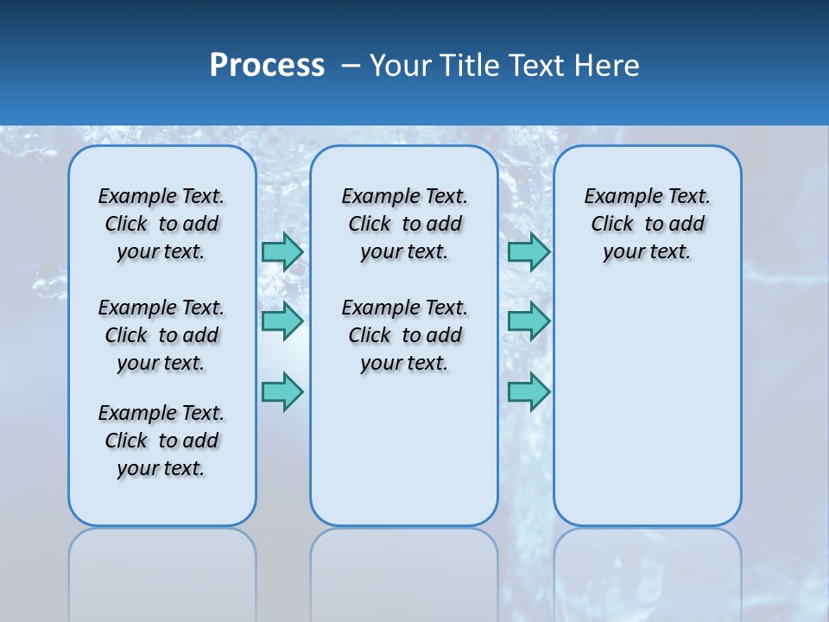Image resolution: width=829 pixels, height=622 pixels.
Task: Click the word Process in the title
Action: pyautogui.click(x=267, y=66)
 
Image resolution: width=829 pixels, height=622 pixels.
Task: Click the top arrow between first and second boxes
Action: pyautogui.click(x=282, y=251)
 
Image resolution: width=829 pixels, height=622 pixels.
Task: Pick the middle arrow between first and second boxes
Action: pyautogui.click(x=282, y=321)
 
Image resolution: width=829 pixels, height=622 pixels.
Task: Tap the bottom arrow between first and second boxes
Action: pyautogui.click(x=282, y=391)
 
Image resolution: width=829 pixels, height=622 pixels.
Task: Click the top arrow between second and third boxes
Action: pyautogui.click(x=528, y=251)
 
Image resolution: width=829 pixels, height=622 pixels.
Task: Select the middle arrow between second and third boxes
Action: pyautogui.click(x=528, y=321)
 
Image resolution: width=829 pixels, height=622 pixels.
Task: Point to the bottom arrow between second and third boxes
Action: pyautogui.click(x=528, y=391)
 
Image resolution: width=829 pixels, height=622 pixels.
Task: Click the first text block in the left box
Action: pyautogui.click(x=161, y=224)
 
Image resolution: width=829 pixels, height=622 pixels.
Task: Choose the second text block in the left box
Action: pyautogui.click(x=161, y=335)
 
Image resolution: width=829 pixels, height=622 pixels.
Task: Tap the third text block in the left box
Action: pyautogui.click(x=161, y=441)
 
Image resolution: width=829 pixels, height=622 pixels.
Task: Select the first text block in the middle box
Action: pyautogui.click(x=404, y=224)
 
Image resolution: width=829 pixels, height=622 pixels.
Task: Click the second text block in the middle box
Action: pyautogui.click(x=404, y=335)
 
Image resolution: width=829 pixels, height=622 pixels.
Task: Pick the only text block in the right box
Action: pyautogui.click(x=648, y=224)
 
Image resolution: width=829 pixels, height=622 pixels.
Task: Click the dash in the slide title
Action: pyautogui.click(x=351, y=66)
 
